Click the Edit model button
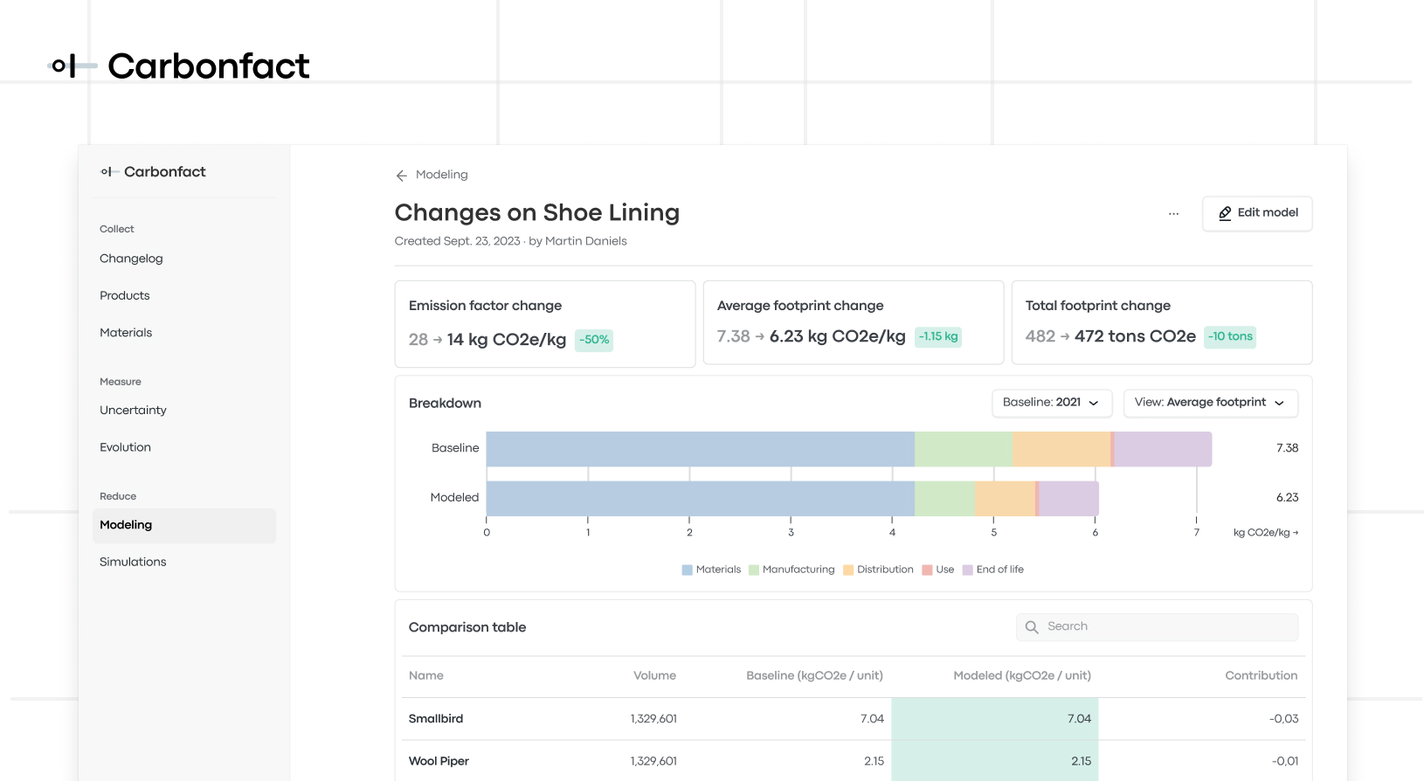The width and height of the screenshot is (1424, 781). (1257, 213)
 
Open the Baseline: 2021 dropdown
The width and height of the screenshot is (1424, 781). (1051, 403)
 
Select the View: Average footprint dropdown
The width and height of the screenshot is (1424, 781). (1210, 403)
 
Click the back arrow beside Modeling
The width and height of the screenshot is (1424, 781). (402, 176)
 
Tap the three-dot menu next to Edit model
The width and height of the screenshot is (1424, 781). (1173, 213)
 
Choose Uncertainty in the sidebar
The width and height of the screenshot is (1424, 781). (133, 411)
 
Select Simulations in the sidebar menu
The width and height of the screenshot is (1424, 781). (133, 562)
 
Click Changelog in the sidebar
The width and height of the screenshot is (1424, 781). (131, 259)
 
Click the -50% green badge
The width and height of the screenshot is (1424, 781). (594, 340)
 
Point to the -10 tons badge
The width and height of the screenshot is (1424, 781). (1230, 336)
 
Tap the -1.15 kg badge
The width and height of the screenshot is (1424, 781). (938, 336)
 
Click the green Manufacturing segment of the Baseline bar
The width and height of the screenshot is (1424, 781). (964, 449)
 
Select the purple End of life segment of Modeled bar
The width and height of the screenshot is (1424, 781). (1068, 499)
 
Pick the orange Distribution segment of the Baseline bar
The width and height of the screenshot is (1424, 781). (1061, 449)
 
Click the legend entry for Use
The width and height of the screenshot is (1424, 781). (938, 570)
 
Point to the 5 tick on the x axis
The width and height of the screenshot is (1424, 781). (993, 532)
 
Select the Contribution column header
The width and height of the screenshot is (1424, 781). (1261, 676)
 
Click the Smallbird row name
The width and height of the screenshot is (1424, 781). (436, 719)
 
